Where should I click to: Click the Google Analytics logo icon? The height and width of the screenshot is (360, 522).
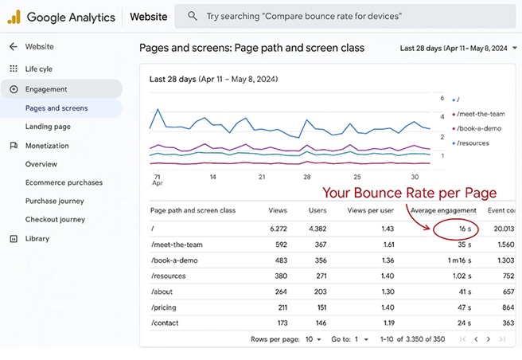pyautogui.click(x=14, y=17)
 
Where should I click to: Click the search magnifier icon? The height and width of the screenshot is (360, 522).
pyautogui.click(x=192, y=17)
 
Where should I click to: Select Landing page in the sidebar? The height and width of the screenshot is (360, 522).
pyautogui.click(x=48, y=127)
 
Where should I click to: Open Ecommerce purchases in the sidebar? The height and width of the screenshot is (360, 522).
pyautogui.click(x=64, y=182)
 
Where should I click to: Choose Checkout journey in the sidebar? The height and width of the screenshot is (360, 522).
pyautogui.click(x=55, y=220)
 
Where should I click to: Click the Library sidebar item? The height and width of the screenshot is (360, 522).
pyautogui.click(x=37, y=239)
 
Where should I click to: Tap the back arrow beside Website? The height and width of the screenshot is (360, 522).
pyautogui.click(x=13, y=47)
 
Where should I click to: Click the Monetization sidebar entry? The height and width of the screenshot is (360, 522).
pyautogui.click(x=47, y=146)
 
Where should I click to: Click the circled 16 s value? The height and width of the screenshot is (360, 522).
pyautogui.click(x=464, y=229)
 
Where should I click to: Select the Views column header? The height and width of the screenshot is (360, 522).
pyautogui.click(x=278, y=210)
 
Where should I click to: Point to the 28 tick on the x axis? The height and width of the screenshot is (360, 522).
pyautogui.click(x=307, y=177)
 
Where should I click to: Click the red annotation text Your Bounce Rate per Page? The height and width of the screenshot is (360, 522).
pyautogui.click(x=409, y=193)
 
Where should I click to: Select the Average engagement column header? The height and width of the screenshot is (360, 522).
pyautogui.click(x=444, y=210)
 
